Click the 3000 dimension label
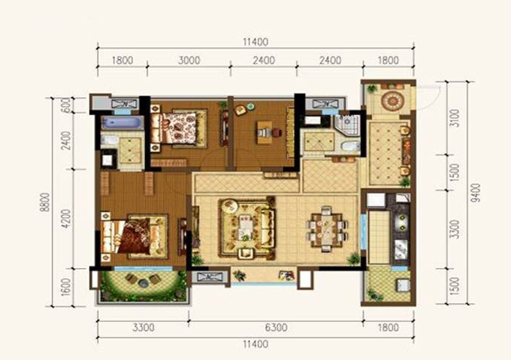(189, 60)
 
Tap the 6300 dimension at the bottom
(276, 327)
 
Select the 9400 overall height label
(476, 193)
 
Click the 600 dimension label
(66, 105)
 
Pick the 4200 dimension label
(66, 219)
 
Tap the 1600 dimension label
(66, 288)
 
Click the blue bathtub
(122, 123)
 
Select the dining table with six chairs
(326, 229)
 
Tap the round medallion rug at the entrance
(391, 101)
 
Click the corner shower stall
(347, 124)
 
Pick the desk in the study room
(264, 132)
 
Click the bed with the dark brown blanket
(134, 236)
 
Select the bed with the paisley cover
(179, 128)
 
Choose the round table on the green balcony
(143, 283)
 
